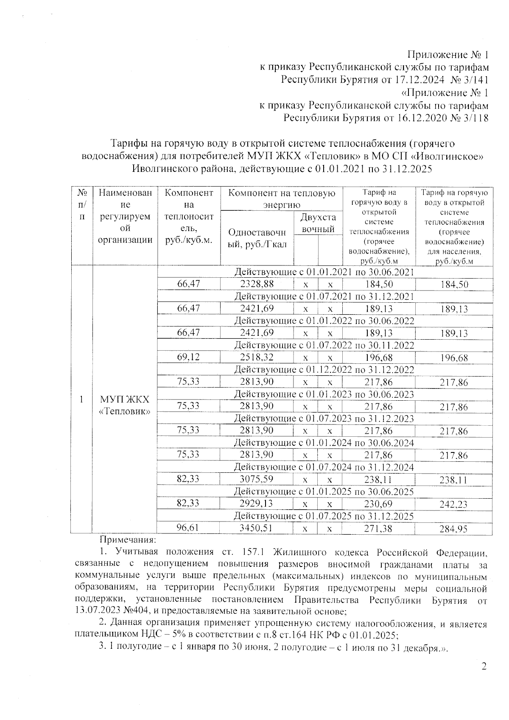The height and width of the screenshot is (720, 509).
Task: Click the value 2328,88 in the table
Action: coord(257,284)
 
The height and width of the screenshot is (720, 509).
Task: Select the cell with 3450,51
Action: coord(257,528)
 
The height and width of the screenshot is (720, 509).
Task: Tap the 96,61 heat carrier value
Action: coord(188,528)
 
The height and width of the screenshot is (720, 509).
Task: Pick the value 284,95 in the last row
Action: coord(453,529)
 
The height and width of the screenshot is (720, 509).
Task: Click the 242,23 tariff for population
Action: coord(453,505)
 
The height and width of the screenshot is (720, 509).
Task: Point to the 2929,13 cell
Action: coord(257,503)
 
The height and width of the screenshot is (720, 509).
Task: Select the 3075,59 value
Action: coord(257,479)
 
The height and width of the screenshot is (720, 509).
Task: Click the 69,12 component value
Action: coord(188,357)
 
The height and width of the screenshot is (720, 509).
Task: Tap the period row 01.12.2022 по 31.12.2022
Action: coord(324,369)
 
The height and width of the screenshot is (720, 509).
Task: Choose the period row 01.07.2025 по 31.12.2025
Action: coord(324,516)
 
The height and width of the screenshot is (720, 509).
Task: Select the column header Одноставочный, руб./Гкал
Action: coord(257,238)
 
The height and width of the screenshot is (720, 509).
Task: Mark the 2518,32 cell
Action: coord(257,357)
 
